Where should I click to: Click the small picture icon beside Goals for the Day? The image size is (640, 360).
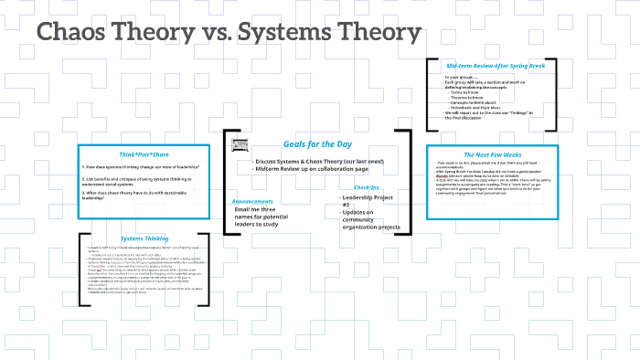[x=240, y=145]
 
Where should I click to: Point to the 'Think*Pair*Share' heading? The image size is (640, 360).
[x=141, y=154]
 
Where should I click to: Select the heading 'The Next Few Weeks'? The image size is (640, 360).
[x=499, y=154]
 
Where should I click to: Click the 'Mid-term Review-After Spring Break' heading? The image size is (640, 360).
[x=496, y=66]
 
